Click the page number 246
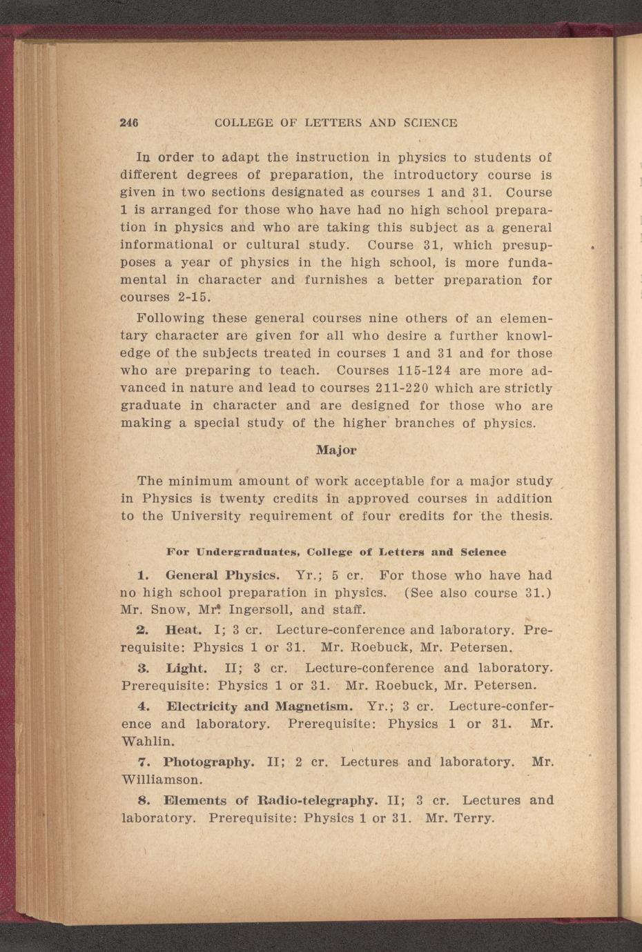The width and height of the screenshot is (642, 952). coord(130,123)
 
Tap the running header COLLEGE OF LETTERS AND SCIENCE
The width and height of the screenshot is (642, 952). coord(335,123)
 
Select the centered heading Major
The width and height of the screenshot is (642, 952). coord(336,450)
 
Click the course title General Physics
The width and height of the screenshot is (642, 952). coord(222,575)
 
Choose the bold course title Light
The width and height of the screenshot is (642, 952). coord(186,668)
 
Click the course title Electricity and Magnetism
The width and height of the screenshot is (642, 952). coord(260,706)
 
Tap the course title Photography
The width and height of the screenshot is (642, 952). coord(208,762)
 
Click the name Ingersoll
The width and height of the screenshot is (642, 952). coord(262,610)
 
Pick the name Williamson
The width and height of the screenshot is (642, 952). coord(162,780)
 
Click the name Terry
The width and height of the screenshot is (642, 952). coord(474,818)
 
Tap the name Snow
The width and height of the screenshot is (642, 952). coord(166,610)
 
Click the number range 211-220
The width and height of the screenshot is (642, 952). coord(391,388)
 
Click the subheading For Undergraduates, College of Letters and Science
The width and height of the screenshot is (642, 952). coord(336,552)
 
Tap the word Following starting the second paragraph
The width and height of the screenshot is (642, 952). coord(171,318)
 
